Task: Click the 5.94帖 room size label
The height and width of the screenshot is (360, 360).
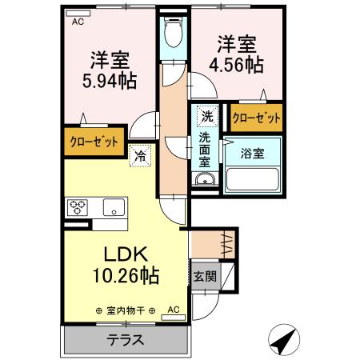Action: click(110, 80)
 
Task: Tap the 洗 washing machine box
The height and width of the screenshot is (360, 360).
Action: click(207, 115)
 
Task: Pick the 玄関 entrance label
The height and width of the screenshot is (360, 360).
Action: click(202, 277)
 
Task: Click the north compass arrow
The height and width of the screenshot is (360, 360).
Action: click(283, 340)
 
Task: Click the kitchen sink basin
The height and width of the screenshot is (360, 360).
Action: click(113, 207)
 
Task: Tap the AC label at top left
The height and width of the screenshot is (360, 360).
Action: click(78, 22)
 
